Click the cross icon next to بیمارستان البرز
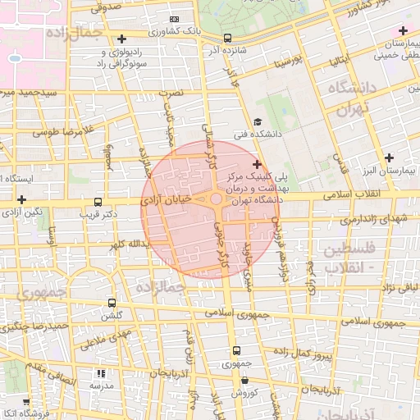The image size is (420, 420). [389, 157]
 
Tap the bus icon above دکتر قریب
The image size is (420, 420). [98, 202]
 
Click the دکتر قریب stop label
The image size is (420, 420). [98, 214]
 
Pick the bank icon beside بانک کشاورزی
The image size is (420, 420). [174, 19]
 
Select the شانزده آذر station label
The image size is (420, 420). [226, 49]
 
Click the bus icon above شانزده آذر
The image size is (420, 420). [227, 38]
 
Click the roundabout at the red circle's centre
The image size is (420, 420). [215, 199]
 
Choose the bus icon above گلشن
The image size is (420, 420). [112, 303]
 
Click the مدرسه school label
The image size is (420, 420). [101, 385]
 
